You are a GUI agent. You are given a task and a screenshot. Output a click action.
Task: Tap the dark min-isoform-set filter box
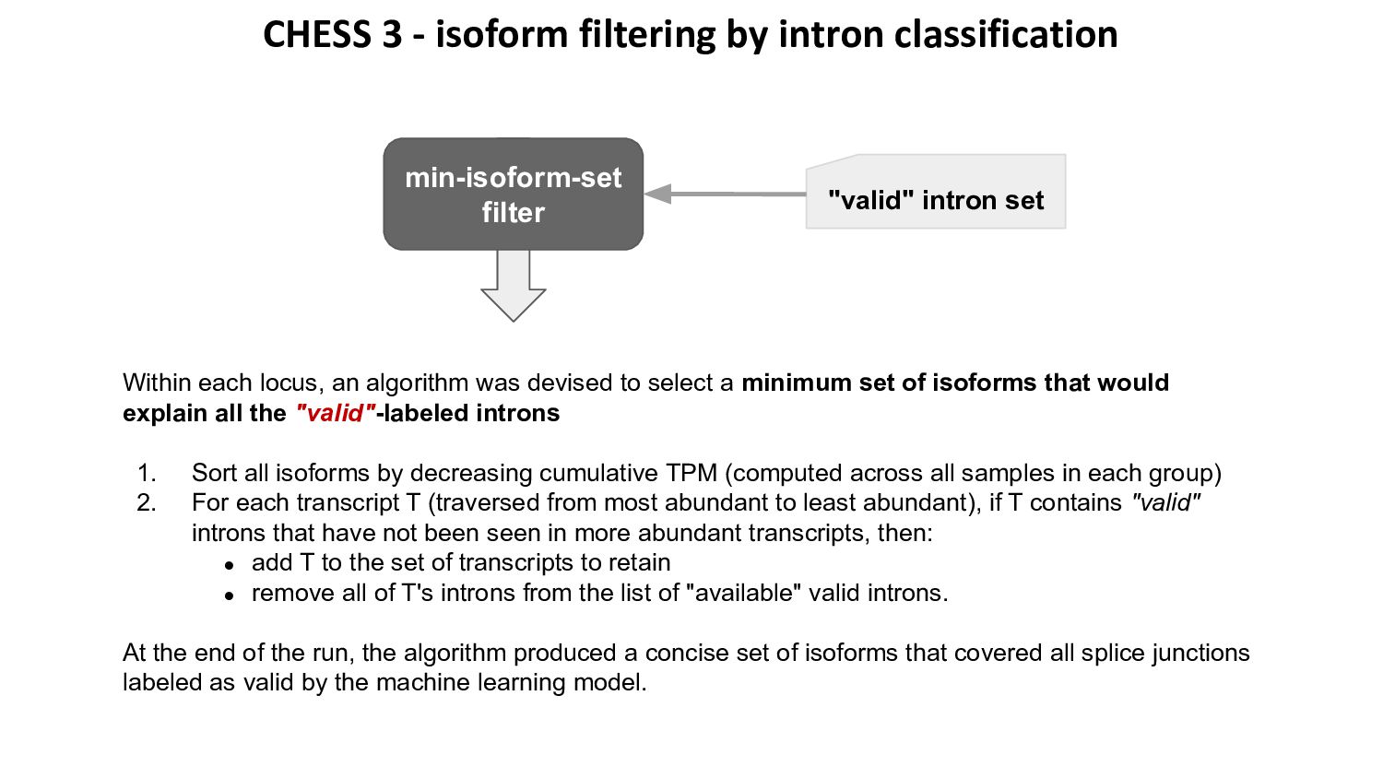[x=513, y=194]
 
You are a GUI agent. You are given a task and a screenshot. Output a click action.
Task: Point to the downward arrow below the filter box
[x=513, y=286]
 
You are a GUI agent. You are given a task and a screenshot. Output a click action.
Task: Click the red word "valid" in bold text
[x=335, y=413]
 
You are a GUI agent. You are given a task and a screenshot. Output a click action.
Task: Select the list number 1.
[x=147, y=473]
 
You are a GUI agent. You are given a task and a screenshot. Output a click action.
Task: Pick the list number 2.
[x=147, y=502]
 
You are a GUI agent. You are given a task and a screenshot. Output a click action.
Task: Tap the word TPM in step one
[x=691, y=473]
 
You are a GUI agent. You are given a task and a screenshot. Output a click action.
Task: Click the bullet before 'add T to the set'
[x=230, y=565]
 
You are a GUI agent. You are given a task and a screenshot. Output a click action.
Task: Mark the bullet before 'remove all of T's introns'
[x=230, y=595]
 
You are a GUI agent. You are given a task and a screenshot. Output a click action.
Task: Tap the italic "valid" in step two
[x=1165, y=502]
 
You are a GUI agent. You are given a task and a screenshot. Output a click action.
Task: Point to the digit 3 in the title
[x=390, y=35]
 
